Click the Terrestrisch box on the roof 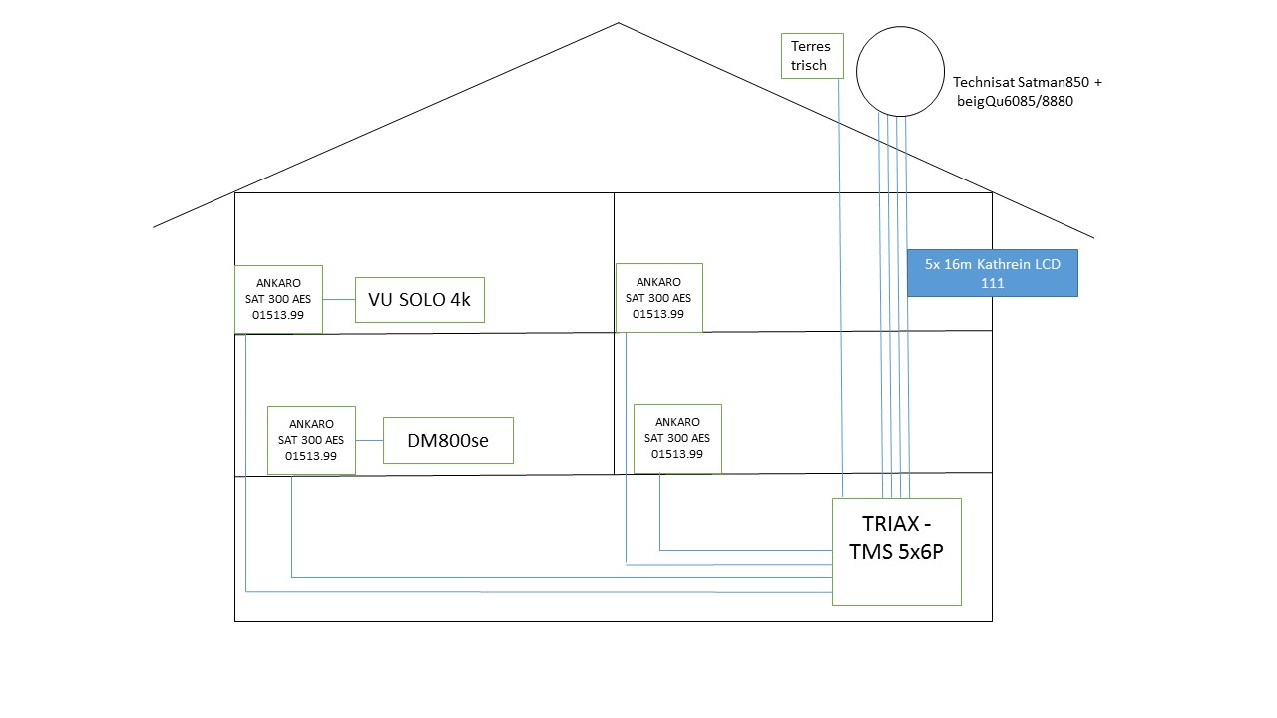[x=810, y=56]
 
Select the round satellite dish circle [x=900, y=71]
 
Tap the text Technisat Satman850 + [x=1027, y=83]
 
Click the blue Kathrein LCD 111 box [x=992, y=273]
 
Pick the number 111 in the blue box [x=992, y=283]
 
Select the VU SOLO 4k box [x=419, y=300]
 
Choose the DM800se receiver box [x=448, y=440]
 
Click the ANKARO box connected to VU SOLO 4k [x=278, y=299]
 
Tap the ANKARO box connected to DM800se [x=311, y=440]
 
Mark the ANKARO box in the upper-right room [x=658, y=298]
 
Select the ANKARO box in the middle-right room [x=677, y=438]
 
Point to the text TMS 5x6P [x=896, y=553]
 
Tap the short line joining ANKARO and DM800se [x=369, y=440]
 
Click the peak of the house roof [x=619, y=23]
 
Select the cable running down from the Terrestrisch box [x=841, y=299]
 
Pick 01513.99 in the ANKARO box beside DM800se [x=311, y=456]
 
